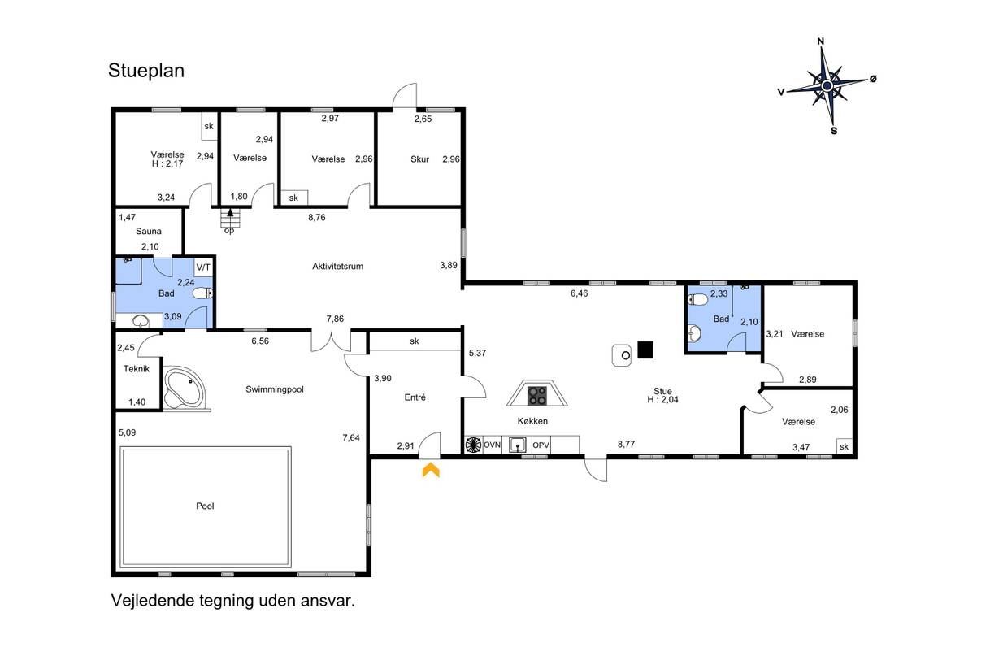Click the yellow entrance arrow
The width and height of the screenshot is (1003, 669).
(431, 470)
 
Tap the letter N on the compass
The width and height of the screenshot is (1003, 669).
(820, 41)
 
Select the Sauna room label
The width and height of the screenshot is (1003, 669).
(149, 231)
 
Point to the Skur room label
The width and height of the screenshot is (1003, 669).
(419, 159)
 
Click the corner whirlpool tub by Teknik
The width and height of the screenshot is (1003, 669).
(183, 388)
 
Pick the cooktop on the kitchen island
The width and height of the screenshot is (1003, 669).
(537, 395)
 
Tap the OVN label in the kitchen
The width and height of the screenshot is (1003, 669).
(492, 445)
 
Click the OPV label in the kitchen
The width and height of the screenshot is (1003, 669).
(541, 445)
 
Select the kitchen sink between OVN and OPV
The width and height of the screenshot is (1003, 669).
(517, 445)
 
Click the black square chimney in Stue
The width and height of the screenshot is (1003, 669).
(645, 350)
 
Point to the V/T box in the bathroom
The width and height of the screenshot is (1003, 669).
(203, 267)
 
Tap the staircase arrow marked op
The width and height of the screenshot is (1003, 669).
(230, 213)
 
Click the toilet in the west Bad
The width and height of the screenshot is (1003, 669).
(203, 293)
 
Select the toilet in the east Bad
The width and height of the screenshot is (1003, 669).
(698, 299)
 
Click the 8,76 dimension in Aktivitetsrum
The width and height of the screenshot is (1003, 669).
(316, 218)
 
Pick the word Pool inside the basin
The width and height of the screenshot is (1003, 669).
(205, 506)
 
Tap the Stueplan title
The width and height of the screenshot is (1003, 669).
(146, 71)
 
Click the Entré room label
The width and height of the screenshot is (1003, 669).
(415, 397)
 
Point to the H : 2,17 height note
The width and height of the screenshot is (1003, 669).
(167, 163)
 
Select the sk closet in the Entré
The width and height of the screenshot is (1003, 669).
(415, 341)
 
